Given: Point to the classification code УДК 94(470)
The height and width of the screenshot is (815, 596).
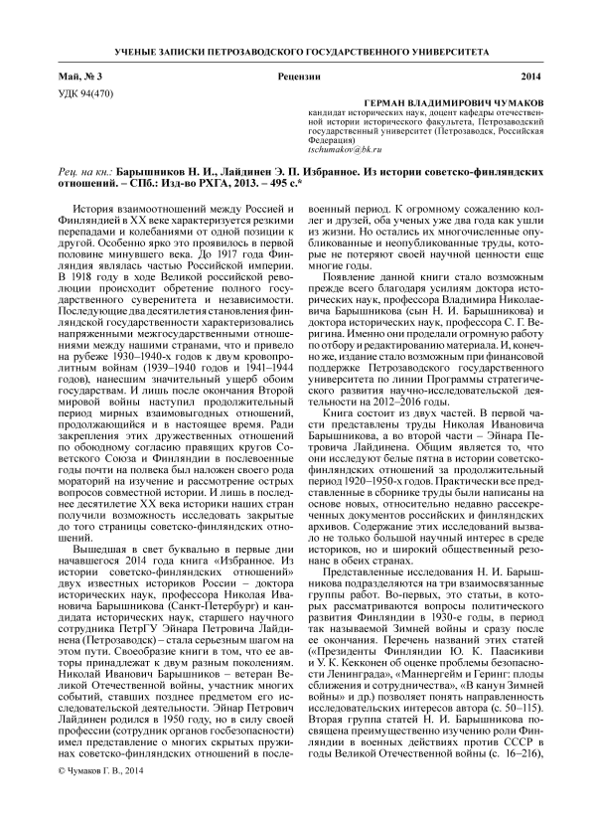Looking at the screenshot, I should click(85, 92).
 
